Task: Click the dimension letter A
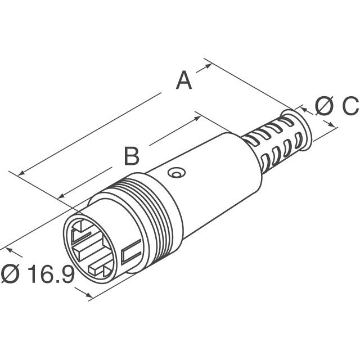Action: coord(183,80)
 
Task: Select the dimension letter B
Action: coord(131,156)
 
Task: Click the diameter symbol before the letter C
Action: coord(324,105)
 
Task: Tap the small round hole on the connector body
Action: coord(177,173)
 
